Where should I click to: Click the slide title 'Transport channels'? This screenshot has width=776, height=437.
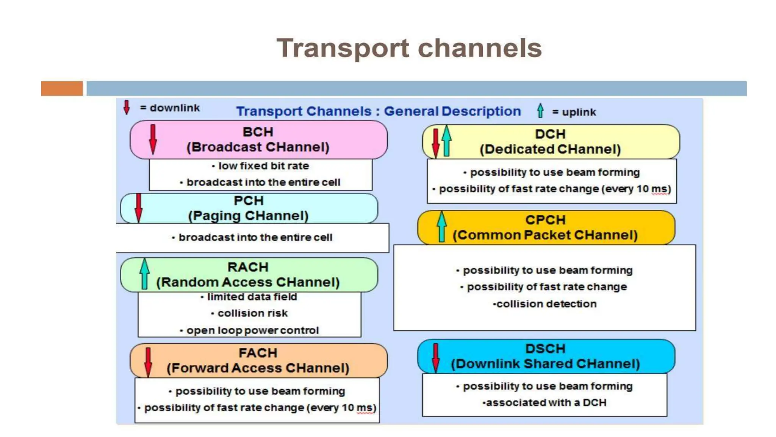pos(409,48)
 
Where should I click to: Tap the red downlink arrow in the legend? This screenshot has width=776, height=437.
pos(127,107)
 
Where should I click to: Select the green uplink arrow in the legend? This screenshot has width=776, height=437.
pos(540,111)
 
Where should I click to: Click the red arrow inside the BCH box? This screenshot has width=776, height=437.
pos(153,139)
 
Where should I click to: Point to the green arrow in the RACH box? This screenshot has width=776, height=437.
pos(144,274)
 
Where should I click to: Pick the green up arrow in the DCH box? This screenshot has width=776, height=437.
pos(447,141)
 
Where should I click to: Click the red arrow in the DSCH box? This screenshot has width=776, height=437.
pos(436,357)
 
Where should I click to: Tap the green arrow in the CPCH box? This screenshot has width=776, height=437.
pos(441,226)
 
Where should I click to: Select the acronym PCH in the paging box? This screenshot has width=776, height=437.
pos(249,201)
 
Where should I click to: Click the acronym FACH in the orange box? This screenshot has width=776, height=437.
pos(258,353)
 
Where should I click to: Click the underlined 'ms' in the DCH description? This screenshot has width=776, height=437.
pos(659,189)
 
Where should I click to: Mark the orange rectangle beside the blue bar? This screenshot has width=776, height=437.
pos(62,88)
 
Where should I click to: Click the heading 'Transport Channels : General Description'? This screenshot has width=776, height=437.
pos(378,111)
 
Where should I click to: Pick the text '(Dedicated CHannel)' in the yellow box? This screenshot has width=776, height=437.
pos(550,149)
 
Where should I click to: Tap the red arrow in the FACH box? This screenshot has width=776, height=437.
pos(148,362)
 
